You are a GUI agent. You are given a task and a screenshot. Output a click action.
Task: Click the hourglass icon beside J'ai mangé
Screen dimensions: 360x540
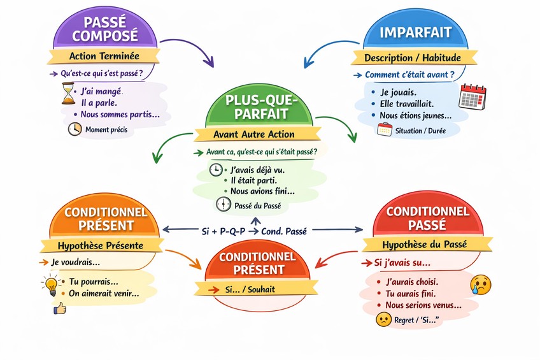click(68, 94)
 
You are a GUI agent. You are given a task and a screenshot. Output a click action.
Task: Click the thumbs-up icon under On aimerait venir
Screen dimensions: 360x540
click(60, 309)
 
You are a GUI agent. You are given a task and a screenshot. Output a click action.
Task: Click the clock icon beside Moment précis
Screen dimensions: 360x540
click(75, 129)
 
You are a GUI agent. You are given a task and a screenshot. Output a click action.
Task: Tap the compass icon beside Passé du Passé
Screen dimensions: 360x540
click(223, 205)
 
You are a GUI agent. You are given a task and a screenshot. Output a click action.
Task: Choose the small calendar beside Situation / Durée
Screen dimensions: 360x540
click(384, 130)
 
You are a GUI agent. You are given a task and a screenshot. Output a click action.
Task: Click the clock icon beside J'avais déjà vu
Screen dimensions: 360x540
click(217, 170)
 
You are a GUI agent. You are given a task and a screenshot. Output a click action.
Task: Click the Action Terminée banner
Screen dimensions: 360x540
click(104, 56)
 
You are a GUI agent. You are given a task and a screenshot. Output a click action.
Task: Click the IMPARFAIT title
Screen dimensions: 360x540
click(415, 32)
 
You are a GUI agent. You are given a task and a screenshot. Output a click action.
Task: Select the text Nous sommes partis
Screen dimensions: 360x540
click(120, 115)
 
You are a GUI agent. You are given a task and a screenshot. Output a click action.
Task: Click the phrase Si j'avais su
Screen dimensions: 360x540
click(402, 263)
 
